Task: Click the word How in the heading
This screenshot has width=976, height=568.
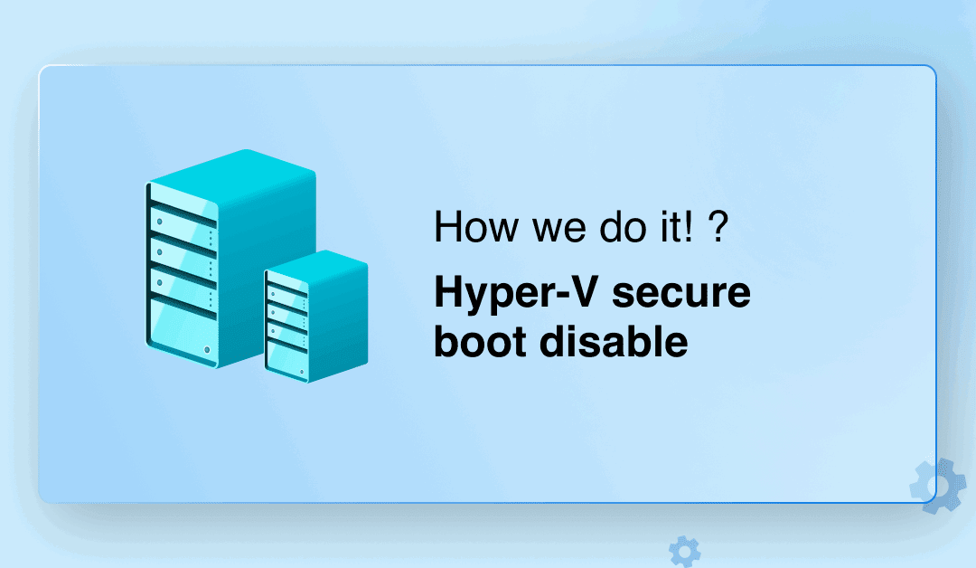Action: (476, 226)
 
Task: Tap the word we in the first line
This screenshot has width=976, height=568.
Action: (559, 230)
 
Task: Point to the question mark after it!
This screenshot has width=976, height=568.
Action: (718, 226)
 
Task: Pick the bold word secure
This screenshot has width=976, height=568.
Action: (681, 293)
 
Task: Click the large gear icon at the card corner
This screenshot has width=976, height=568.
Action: (938, 487)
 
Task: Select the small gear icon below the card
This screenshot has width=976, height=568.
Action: (685, 551)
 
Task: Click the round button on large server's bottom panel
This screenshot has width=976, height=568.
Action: (207, 350)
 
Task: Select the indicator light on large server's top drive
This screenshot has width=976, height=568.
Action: (160, 222)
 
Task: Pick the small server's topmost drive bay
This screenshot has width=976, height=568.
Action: (286, 297)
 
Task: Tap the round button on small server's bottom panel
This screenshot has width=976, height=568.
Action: (303, 372)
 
